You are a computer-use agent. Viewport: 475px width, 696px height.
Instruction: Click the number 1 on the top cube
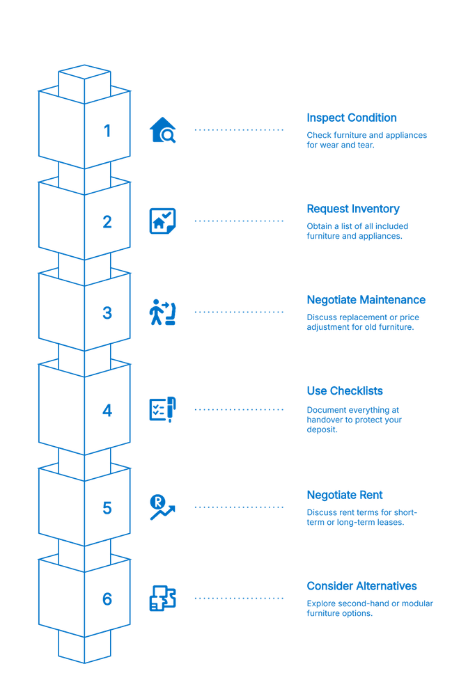pos(107,131)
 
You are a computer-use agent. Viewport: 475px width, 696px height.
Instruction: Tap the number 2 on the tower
pos(107,222)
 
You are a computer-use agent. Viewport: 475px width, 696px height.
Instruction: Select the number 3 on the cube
pos(107,313)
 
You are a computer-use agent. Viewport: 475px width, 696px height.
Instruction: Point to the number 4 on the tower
pos(107,411)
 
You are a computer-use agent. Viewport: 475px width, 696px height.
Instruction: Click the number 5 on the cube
pos(107,507)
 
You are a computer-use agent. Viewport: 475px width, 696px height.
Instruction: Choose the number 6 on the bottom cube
pos(107,599)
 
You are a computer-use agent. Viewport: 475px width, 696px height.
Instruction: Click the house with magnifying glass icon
pos(163,130)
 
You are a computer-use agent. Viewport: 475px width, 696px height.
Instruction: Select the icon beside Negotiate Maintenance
pos(163,313)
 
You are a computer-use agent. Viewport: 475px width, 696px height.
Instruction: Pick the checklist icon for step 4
pos(163,410)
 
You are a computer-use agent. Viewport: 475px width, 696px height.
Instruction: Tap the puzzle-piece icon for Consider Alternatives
pos(163,599)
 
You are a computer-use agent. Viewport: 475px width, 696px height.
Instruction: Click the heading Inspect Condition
pos(352,118)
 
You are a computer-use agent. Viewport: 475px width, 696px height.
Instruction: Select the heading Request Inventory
pos(353,209)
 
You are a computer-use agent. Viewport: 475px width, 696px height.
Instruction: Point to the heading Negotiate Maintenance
pos(366,300)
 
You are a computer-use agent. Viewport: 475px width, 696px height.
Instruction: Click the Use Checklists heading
pos(345,391)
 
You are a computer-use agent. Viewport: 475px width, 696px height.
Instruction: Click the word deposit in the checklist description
pos(322,430)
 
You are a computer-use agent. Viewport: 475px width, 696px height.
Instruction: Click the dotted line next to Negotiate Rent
pos(239,507)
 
